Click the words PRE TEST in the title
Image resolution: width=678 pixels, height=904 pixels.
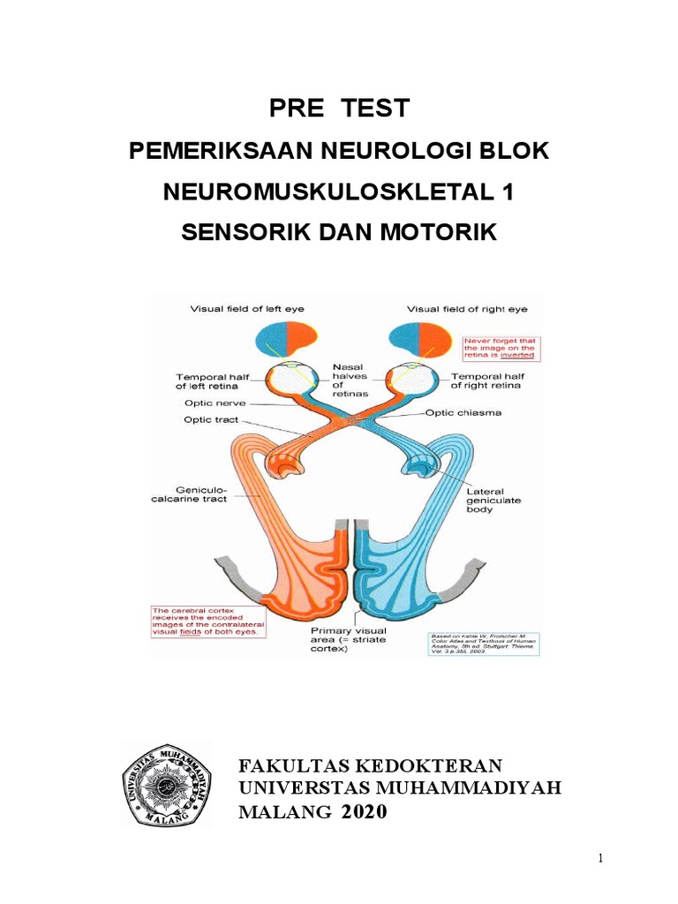339,109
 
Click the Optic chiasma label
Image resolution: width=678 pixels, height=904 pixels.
465,412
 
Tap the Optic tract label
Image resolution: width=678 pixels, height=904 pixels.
212,419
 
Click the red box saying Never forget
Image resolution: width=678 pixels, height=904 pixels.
501,348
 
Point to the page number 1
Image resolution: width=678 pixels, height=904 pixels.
600,858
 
